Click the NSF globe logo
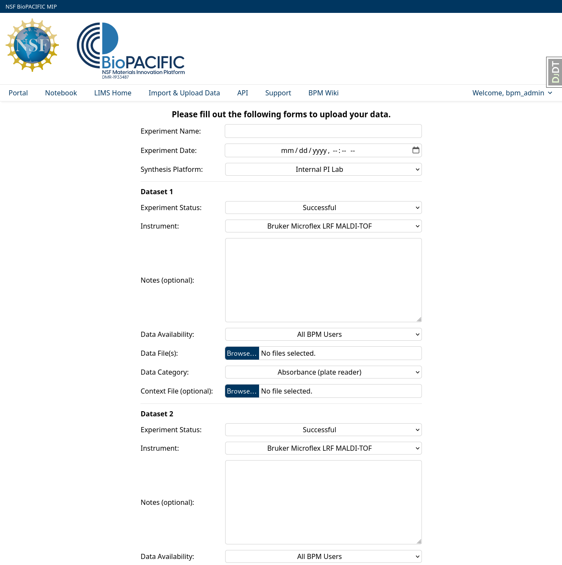32,45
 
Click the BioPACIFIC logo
131,51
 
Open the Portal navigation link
18,93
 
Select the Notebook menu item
61,93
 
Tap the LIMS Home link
113,93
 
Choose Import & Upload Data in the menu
184,93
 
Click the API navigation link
242,93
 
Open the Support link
278,93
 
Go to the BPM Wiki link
323,93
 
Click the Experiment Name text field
323,131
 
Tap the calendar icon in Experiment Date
415,150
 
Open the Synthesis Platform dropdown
323,169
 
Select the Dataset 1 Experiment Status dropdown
323,208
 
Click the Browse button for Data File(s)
242,353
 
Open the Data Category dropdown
323,372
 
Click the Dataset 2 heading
157,414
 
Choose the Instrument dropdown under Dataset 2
323,448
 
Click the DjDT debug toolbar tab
555,72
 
